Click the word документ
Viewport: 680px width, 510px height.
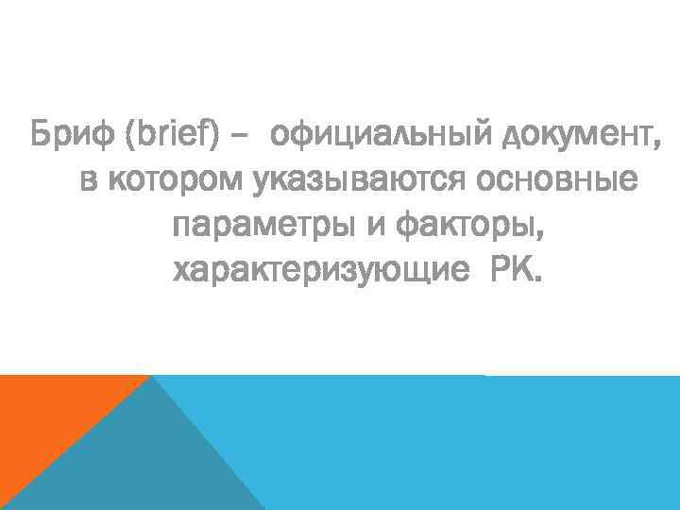coord(572,135)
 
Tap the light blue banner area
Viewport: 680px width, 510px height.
coord(472,444)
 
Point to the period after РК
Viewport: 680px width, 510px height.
coord(539,281)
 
